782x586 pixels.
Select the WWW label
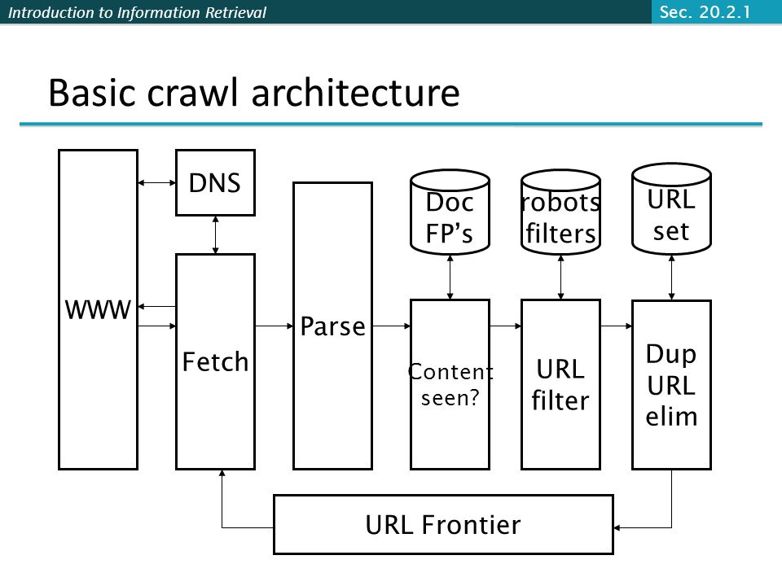(x=98, y=309)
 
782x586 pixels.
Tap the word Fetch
(x=215, y=361)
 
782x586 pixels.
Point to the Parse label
(x=332, y=326)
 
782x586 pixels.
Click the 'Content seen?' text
(x=450, y=385)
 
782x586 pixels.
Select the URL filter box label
(x=560, y=385)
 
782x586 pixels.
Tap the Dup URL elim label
(x=671, y=385)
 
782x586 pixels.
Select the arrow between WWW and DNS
(x=156, y=183)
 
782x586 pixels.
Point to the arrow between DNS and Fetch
(x=215, y=234)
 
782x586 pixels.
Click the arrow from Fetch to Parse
(x=275, y=326)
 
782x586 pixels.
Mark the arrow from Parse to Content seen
(x=392, y=326)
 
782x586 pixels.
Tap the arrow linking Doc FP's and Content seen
(x=450, y=277)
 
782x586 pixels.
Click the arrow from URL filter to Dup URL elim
(x=617, y=326)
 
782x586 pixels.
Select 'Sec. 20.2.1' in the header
(x=705, y=12)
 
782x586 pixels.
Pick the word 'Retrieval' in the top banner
(x=236, y=12)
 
